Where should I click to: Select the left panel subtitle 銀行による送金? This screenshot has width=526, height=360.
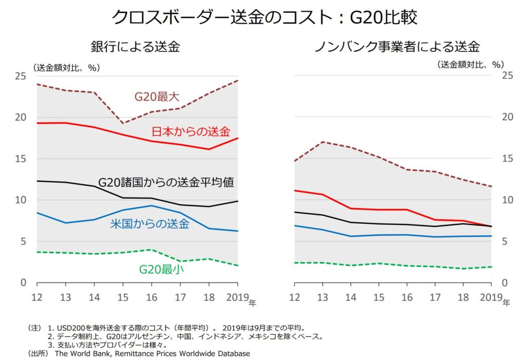(135, 47)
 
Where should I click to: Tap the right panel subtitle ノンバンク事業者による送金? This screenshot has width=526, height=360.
(397, 47)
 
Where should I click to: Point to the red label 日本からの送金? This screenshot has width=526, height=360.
(191, 131)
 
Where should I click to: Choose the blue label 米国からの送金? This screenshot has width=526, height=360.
(150, 223)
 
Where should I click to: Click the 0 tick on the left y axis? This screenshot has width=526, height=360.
(24, 283)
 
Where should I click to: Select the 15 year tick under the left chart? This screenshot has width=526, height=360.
(123, 298)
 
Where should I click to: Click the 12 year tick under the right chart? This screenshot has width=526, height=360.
(294, 298)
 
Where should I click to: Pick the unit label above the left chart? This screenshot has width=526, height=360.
(66, 67)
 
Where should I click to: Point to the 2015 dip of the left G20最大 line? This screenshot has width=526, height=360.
(123, 123)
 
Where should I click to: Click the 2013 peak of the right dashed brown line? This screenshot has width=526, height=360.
(323, 142)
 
